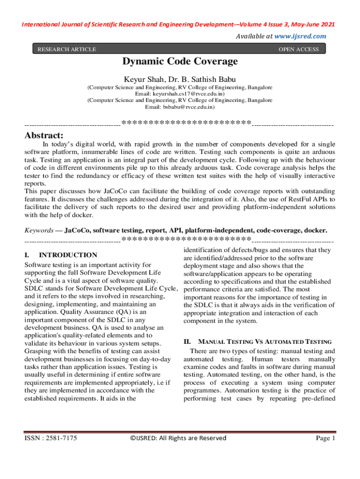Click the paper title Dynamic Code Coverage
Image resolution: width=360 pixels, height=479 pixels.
coord(180,61)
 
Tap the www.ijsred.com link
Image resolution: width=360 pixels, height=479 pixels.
coord(300,36)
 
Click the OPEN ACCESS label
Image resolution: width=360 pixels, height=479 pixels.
coord(298,49)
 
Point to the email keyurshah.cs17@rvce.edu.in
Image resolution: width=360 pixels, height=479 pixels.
coord(180,94)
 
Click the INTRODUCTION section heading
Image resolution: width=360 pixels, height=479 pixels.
coord(68,255)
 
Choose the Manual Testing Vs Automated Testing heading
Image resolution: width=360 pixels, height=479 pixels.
coord(265,342)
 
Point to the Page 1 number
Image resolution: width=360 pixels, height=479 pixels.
coord(326,438)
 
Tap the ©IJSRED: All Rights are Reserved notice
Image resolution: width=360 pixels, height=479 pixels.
coord(178,438)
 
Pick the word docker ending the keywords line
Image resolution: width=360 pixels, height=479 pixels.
coord(315,231)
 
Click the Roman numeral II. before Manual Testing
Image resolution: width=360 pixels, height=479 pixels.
coord(188,342)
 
